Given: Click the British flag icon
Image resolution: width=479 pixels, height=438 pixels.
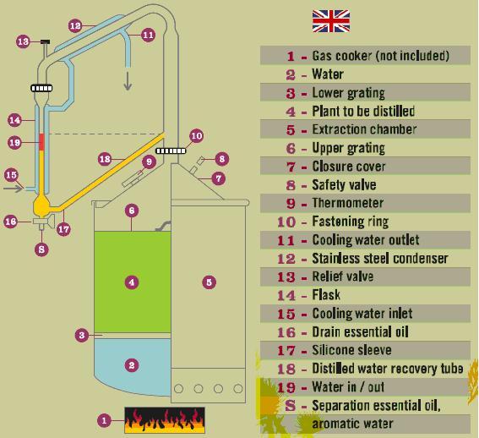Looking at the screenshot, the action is (x=331, y=21).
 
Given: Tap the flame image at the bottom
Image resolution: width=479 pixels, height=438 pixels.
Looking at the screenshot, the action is (x=165, y=420).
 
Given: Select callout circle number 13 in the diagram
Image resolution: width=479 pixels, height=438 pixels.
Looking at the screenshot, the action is (x=23, y=41).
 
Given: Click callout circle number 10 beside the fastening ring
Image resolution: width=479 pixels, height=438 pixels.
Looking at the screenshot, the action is (x=196, y=136).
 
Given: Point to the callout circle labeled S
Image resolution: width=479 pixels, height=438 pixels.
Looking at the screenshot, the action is (x=41, y=249).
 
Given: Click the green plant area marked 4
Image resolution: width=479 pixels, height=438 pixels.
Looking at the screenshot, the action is (x=133, y=282).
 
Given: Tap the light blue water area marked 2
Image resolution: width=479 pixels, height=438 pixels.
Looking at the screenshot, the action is (x=133, y=365).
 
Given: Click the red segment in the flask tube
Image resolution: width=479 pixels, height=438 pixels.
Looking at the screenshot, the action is (x=41, y=142).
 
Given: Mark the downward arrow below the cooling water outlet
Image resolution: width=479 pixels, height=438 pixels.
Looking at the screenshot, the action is (x=128, y=81).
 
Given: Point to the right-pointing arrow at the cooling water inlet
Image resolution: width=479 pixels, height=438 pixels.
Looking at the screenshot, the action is (x=14, y=188).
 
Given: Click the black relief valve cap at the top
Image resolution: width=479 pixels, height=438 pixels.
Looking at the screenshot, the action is (x=46, y=41).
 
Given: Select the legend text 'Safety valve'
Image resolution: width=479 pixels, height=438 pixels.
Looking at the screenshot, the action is (x=344, y=185).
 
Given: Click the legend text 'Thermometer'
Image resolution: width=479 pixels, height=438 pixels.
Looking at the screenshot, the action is (x=348, y=203).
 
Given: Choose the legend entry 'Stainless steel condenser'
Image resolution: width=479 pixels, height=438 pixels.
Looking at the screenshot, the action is (x=379, y=259).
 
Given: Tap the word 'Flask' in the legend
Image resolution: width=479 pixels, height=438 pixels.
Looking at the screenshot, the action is (x=326, y=295).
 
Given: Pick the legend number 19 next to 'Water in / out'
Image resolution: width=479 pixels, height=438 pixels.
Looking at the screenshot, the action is (x=286, y=388).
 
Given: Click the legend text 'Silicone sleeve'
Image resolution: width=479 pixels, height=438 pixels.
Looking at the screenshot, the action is (x=351, y=350).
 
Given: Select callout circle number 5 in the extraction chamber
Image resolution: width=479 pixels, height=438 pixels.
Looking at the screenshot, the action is (x=210, y=282).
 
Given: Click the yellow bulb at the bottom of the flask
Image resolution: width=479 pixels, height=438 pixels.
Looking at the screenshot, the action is (x=41, y=205).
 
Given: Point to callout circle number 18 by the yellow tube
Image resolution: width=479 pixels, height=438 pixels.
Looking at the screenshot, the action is (x=105, y=159).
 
